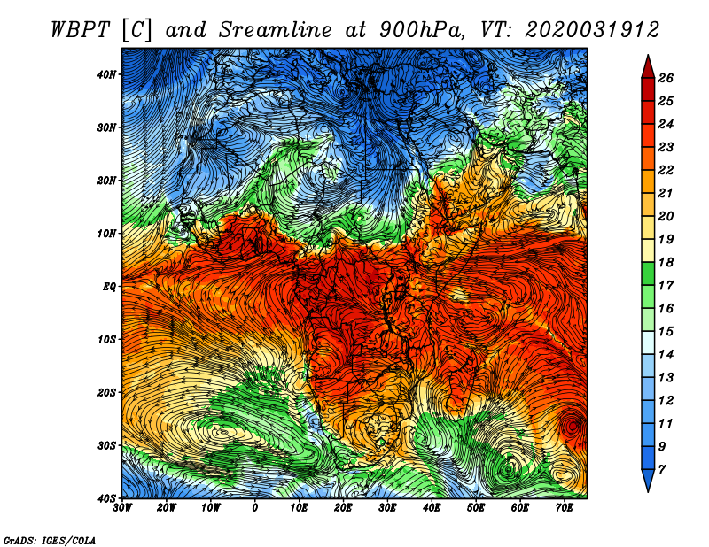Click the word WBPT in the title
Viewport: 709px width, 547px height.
tap(82, 29)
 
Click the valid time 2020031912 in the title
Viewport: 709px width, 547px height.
tap(591, 29)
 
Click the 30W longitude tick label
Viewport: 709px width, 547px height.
tap(122, 508)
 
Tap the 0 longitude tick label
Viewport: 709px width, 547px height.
tap(255, 508)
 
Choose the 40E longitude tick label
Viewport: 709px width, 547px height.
tap(432, 508)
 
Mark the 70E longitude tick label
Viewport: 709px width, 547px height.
tap(564, 508)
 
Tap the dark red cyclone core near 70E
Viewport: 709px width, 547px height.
tap(574, 425)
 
